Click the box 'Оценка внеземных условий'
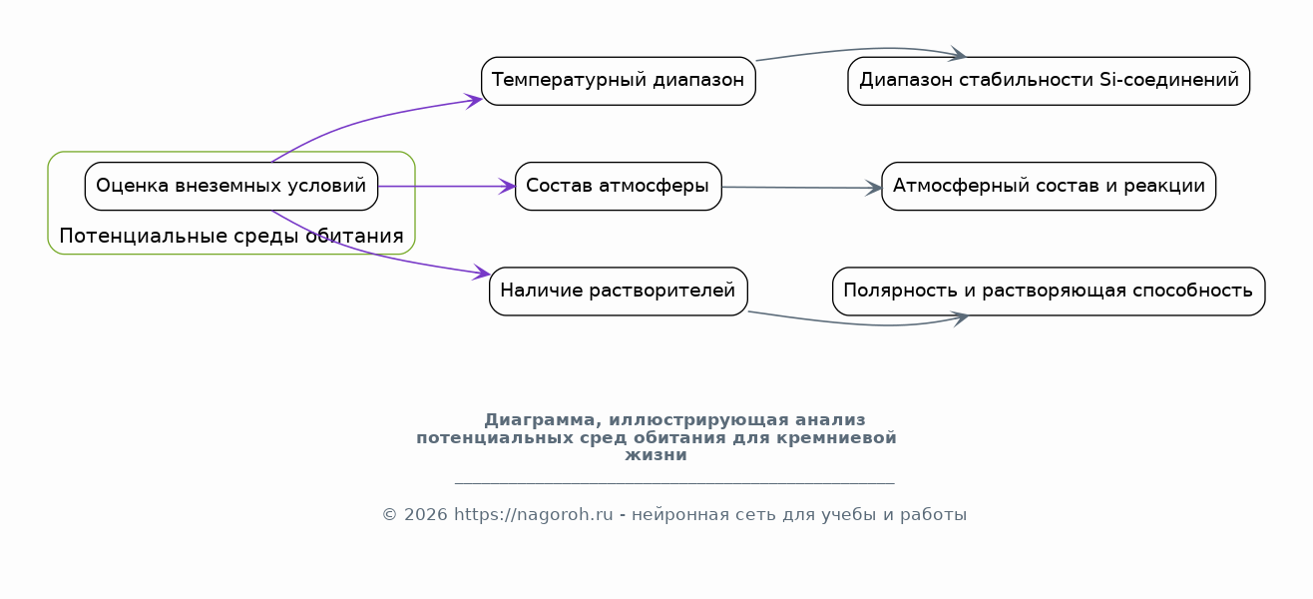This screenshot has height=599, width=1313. tap(230, 186)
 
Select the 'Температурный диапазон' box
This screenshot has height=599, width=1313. tap(619, 81)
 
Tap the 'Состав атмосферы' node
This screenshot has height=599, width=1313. tap(619, 186)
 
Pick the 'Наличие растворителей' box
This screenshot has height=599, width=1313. tap(619, 291)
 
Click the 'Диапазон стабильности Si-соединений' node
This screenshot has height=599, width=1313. tap(1049, 81)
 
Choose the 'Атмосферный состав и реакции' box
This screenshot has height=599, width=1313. tap(1049, 186)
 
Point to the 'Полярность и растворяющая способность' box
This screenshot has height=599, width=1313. tap(1049, 291)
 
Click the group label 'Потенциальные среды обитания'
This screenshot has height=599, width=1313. tap(230, 236)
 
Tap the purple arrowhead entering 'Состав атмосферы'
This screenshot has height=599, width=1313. tap(507, 187)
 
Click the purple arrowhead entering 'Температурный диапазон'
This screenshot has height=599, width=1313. tap(474, 100)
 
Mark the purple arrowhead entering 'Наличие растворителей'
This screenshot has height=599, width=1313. tap(482, 273)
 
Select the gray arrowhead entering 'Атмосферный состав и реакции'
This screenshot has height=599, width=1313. tap(873, 188)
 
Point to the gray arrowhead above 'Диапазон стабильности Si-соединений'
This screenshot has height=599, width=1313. tap(959, 54)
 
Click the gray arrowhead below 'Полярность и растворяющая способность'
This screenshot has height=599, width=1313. tap(960, 318)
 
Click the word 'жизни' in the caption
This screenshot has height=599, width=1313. tap(656, 455)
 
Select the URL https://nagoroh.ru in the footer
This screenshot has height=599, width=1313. tap(534, 514)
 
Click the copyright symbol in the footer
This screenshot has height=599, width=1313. tap(390, 515)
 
